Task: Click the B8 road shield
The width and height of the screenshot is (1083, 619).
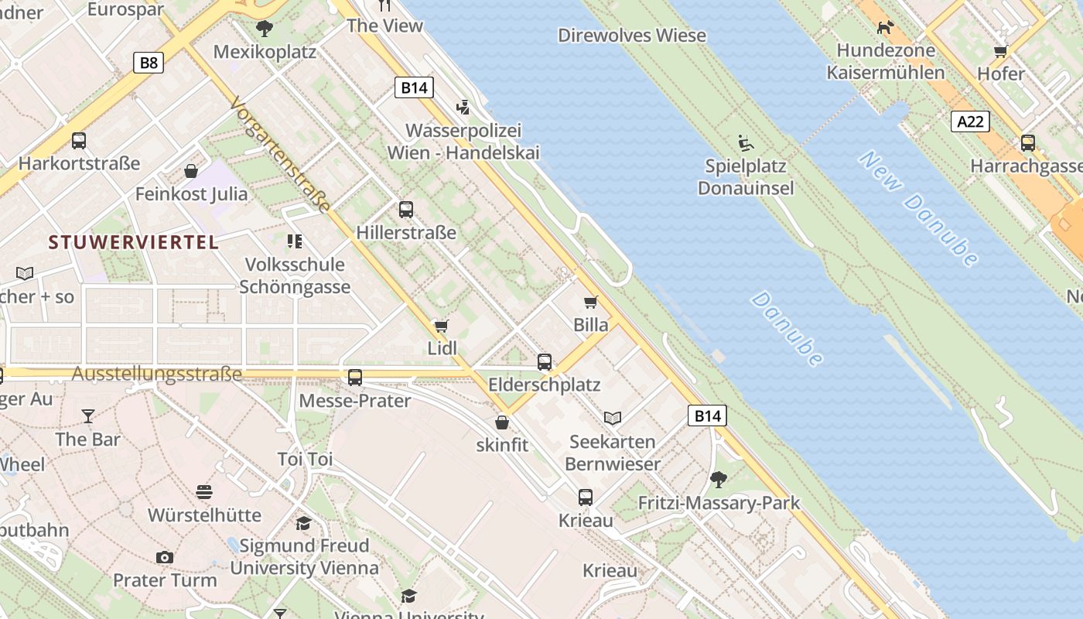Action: pyautogui.click(x=149, y=63)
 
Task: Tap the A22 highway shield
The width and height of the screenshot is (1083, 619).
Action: pyautogui.click(x=970, y=121)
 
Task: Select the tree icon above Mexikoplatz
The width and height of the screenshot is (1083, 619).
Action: pyautogui.click(x=265, y=29)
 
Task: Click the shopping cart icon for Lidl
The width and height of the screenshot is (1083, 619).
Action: pyautogui.click(x=442, y=326)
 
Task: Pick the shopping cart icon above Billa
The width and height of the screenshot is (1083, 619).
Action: pyautogui.click(x=591, y=302)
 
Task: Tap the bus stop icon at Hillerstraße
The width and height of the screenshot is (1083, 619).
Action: pyautogui.click(x=406, y=209)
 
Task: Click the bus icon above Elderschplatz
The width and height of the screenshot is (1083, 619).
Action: pyautogui.click(x=545, y=361)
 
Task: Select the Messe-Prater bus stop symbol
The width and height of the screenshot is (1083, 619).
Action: pyautogui.click(x=355, y=378)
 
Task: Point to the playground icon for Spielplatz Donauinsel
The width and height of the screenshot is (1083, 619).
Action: pyautogui.click(x=746, y=143)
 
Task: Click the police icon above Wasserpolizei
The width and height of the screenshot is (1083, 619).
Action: pyautogui.click(x=463, y=107)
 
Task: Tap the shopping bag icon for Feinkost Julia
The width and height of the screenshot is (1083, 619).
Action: pyautogui.click(x=191, y=170)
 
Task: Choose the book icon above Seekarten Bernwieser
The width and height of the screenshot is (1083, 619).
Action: pyautogui.click(x=613, y=419)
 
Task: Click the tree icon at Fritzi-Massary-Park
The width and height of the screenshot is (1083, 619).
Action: pyautogui.click(x=719, y=480)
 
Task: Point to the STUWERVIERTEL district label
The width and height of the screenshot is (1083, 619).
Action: pyautogui.click(x=133, y=242)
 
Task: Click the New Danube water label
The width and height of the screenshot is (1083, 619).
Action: pyautogui.click(x=919, y=208)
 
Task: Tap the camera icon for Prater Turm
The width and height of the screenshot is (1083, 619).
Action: pyautogui.click(x=164, y=557)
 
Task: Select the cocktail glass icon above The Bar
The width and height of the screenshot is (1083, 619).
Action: pyautogui.click(x=88, y=416)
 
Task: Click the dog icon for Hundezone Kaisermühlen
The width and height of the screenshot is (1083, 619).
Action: pyautogui.click(x=885, y=28)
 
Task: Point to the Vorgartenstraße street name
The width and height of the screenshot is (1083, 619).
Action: pyautogui.click(x=281, y=154)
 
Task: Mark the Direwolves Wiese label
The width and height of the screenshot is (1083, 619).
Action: pyautogui.click(x=632, y=36)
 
